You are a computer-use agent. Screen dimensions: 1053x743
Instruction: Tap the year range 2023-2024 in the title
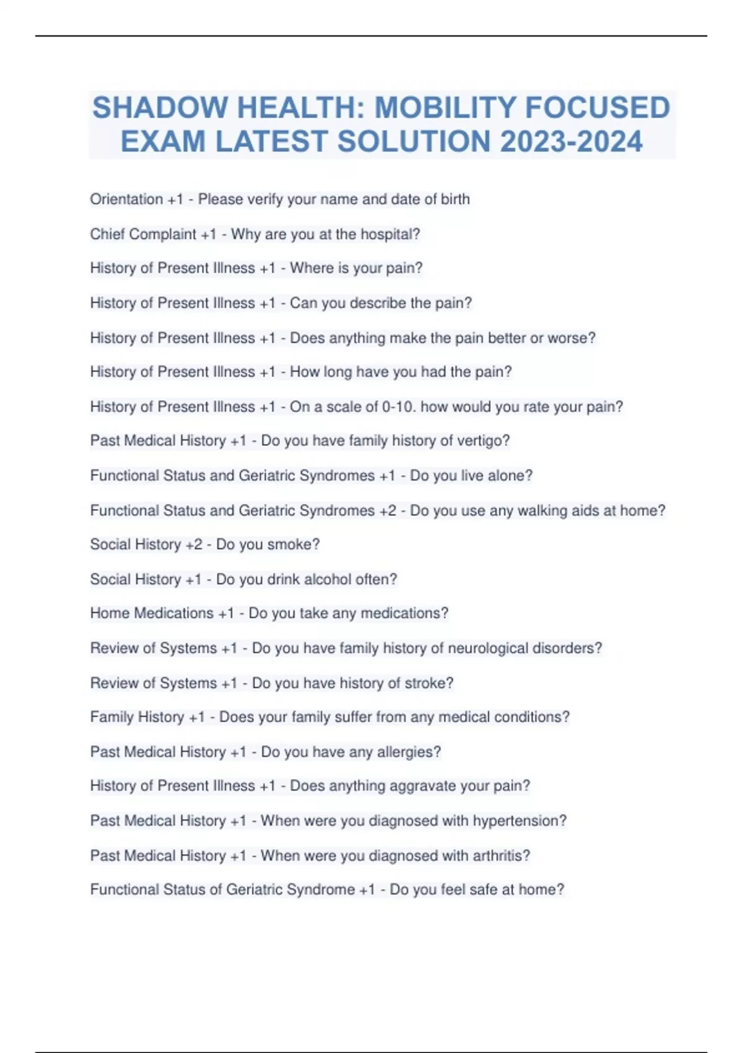[x=571, y=141]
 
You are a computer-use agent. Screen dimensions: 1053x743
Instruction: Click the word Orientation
[x=126, y=199]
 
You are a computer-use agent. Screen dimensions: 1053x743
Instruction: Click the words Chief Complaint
[x=143, y=234]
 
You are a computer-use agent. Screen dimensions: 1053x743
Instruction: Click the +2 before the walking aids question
[x=388, y=510]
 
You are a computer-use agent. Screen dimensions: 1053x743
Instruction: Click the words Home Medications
[x=152, y=613]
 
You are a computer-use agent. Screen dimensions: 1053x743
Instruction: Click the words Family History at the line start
[x=137, y=717]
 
